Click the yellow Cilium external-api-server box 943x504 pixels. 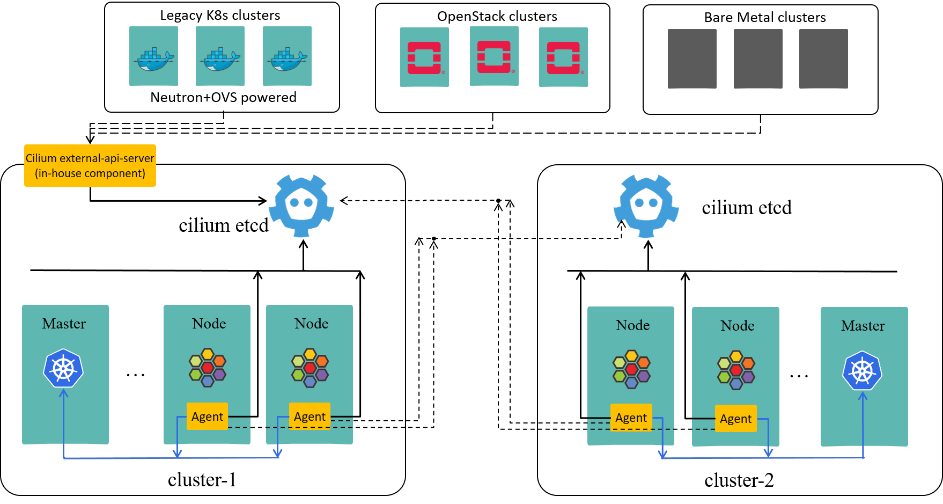click(x=90, y=165)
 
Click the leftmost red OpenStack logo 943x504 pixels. click(x=424, y=57)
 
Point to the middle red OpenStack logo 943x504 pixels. click(x=494, y=56)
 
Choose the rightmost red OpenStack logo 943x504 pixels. click(x=563, y=57)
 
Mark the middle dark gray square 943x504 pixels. click(x=758, y=59)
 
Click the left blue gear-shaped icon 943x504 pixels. click(x=301, y=205)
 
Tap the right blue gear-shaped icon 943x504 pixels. click(x=646, y=206)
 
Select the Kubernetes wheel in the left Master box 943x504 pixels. click(x=63, y=368)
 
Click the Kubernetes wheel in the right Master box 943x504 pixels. click(x=863, y=370)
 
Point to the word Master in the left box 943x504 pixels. click(x=64, y=324)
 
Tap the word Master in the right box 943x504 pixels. click(x=863, y=326)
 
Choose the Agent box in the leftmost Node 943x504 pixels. click(x=207, y=417)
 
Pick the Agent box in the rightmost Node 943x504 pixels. click(x=735, y=419)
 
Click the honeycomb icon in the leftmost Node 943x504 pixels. click(x=208, y=368)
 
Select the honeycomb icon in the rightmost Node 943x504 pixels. click(x=736, y=370)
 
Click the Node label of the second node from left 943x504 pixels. click(x=311, y=324)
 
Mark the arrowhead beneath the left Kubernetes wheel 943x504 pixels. click(x=63, y=393)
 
